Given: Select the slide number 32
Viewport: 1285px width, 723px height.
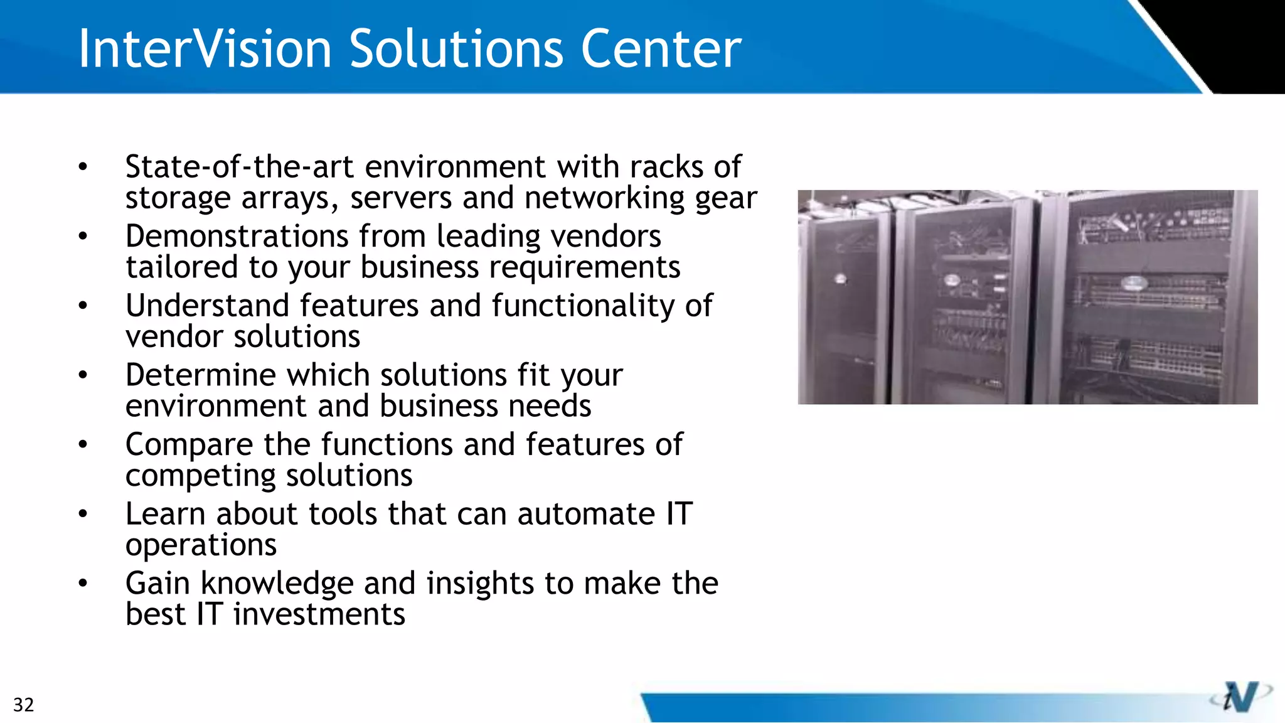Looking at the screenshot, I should [x=24, y=705].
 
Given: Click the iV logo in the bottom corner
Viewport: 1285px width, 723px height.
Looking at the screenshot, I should [x=1240, y=697].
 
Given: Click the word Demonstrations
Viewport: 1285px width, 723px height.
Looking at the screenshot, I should [x=237, y=237].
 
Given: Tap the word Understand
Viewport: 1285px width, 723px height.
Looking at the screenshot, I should [x=208, y=306].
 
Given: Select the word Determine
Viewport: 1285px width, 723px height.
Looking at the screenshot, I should [x=201, y=375].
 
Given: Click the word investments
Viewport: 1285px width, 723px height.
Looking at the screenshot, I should [x=319, y=614].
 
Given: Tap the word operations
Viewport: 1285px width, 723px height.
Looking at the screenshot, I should [x=201, y=545].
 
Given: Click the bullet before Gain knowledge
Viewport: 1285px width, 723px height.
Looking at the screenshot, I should [x=83, y=584].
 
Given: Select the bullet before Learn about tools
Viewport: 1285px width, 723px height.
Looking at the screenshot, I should [x=83, y=514].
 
